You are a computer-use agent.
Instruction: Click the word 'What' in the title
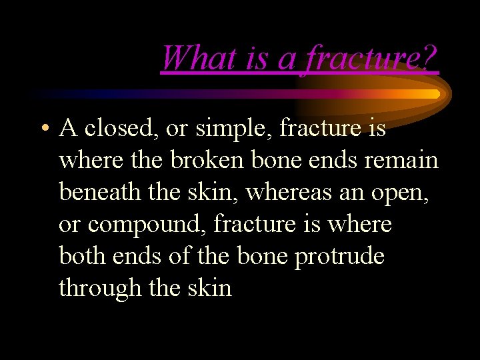pyautogui.click(x=188, y=58)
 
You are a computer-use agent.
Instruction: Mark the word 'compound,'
pyautogui.click(x=147, y=224)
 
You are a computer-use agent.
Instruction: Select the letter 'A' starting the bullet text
pyautogui.click(x=67, y=128)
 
